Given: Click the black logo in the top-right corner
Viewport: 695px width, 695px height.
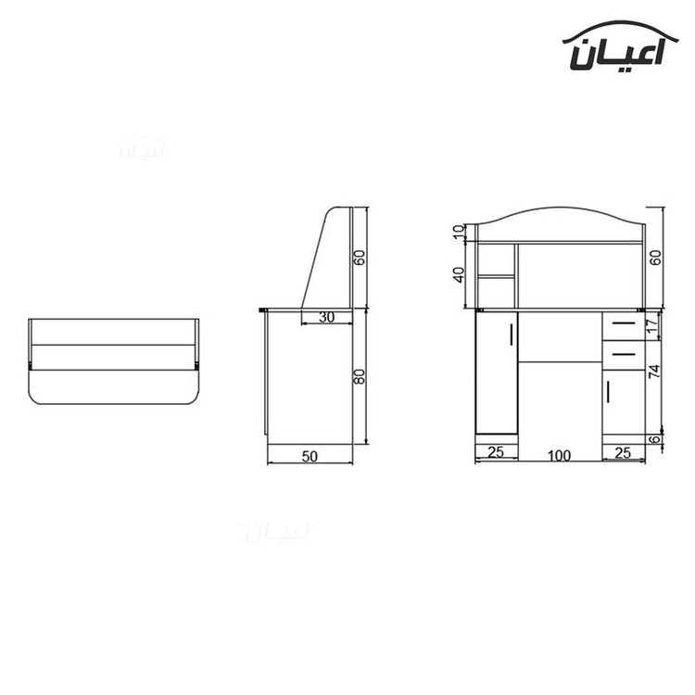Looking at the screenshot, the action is pos(620,45).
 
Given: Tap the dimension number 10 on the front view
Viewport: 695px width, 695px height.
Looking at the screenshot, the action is pos(460,232).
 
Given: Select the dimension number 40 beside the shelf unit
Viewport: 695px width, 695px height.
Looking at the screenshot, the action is pos(459,275).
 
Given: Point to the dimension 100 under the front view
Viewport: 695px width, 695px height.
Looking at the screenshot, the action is pos(559,455).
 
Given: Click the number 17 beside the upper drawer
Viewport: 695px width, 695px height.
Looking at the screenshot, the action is pos(651,326).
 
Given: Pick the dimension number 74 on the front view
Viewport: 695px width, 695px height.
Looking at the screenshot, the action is pos(654,371).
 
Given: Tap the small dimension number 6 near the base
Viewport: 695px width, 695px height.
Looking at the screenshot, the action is pos(654,439).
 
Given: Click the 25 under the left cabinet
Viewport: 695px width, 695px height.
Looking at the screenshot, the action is pos(496,451).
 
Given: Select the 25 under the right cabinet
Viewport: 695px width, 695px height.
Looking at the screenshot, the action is pos(623,452).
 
